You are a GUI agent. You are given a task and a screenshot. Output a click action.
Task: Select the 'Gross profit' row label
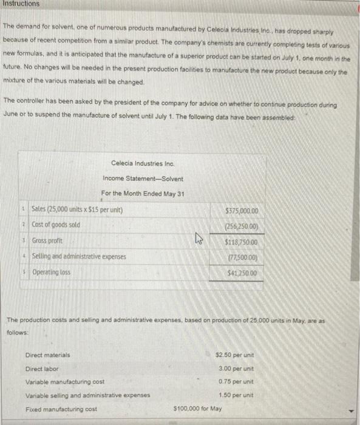[48, 241]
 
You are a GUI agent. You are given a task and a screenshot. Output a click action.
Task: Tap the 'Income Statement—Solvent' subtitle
[143, 178]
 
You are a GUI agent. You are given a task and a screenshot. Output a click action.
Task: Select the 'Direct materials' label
[47, 355]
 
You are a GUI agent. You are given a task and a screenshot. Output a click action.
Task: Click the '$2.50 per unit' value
[235, 355]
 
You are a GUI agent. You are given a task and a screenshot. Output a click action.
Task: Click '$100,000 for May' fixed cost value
[197, 409]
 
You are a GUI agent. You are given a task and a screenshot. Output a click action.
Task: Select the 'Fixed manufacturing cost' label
[61, 409]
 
